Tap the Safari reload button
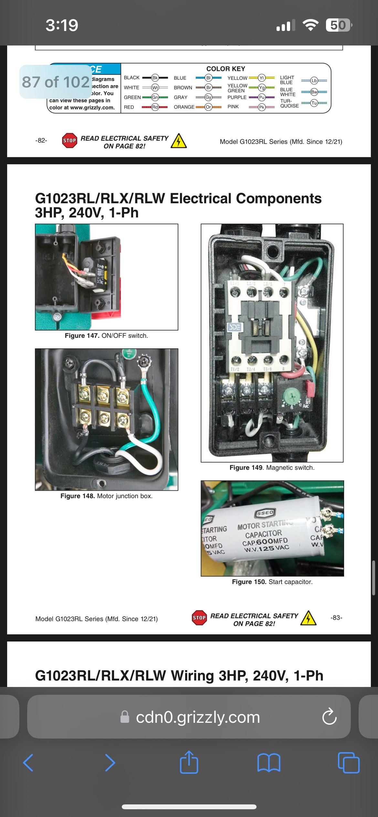pos(329,717)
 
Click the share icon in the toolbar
pos(189,762)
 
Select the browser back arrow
pos(28,762)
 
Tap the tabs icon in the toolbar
pos(348,762)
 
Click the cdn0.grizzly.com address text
pos(198,717)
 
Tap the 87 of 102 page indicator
pos(56,82)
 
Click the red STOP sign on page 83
pos(199,618)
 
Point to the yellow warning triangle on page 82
pos(179,141)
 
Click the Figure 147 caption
pos(106,336)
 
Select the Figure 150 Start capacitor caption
pos(272,582)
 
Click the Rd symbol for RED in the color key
pos(155,107)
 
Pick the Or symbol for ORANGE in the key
pos(208,107)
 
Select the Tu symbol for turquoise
pos(314,103)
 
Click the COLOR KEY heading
pos(226,69)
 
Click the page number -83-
pos(336,618)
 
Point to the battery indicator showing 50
pos(338,25)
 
